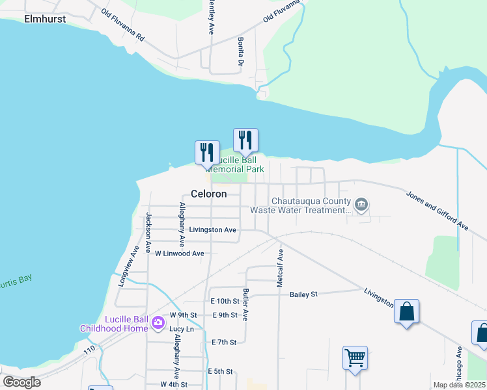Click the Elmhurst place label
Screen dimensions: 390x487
click(x=46, y=19)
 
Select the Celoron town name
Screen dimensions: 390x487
click(x=209, y=194)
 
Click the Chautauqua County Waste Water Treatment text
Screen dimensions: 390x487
click(x=311, y=205)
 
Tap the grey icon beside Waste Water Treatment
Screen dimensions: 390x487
click(x=362, y=206)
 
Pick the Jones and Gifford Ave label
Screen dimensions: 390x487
click(x=438, y=210)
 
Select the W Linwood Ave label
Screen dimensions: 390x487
click(x=179, y=253)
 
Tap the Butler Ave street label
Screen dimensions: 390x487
click(x=245, y=305)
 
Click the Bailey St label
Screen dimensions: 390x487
click(x=303, y=294)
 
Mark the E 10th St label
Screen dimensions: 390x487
click(x=225, y=301)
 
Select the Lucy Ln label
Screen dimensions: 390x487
click(x=182, y=329)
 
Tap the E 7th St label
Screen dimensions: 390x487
click(x=223, y=342)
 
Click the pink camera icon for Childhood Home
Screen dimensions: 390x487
click(x=158, y=322)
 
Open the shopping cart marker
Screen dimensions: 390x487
click(x=355, y=357)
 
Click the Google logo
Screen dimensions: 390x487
click(x=21, y=382)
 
